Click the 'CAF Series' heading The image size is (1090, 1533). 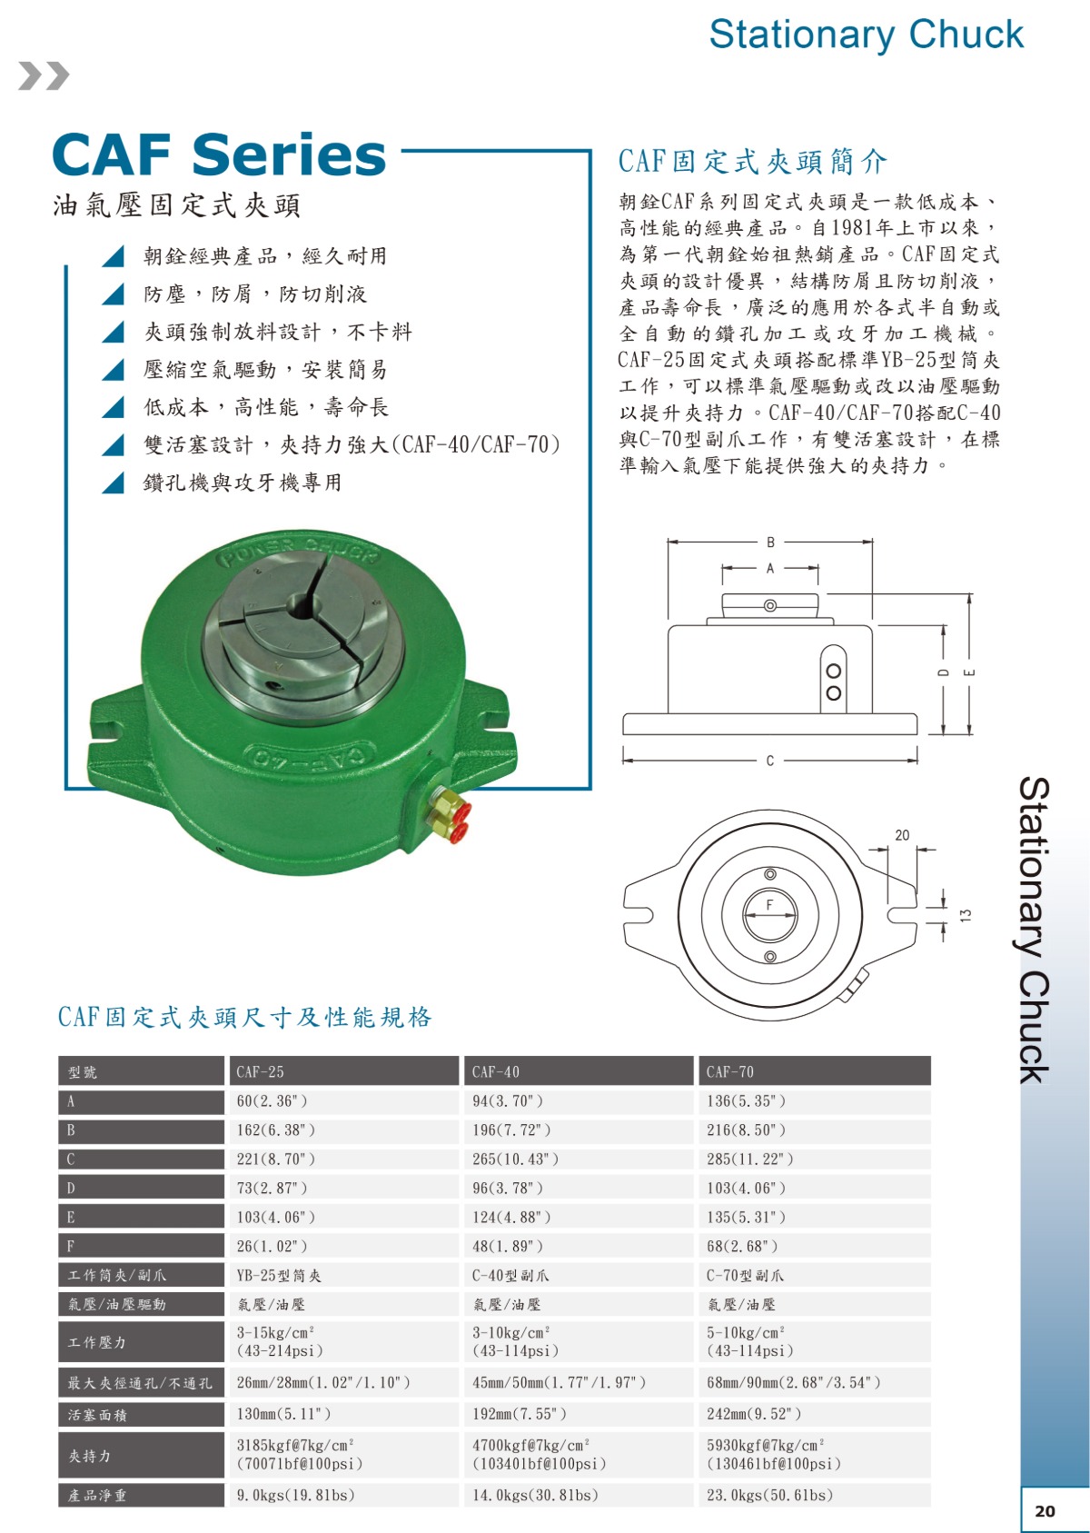[x=219, y=155]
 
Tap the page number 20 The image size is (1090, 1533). [x=1045, y=1510]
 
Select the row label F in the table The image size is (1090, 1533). [x=71, y=1246]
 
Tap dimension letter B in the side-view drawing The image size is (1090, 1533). [x=770, y=543]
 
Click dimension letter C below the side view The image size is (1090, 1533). [x=769, y=761]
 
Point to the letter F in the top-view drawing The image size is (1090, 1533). [x=769, y=905]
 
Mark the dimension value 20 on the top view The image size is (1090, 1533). [x=903, y=835]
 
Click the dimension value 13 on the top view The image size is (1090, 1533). [x=966, y=915]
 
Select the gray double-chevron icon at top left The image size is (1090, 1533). [x=44, y=75]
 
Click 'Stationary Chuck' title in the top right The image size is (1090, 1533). [x=867, y=35]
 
